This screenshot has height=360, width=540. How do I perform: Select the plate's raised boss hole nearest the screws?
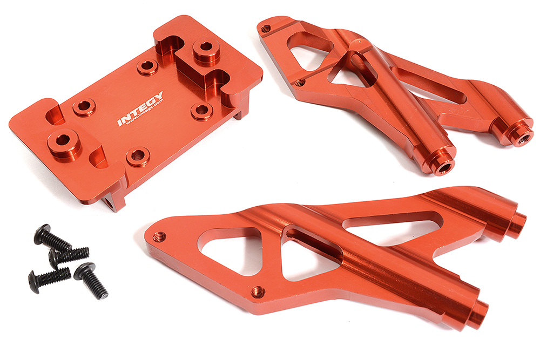tap(63, 140)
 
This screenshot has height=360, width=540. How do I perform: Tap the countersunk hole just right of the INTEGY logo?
tap(201, 111)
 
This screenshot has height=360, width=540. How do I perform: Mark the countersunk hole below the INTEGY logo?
tap(137, 156)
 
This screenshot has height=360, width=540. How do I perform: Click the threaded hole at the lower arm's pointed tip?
tap(158, 236)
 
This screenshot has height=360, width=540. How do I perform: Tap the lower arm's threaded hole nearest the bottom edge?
tap(258, 291)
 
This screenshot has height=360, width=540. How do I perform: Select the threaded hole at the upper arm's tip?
tap(266, 29)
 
